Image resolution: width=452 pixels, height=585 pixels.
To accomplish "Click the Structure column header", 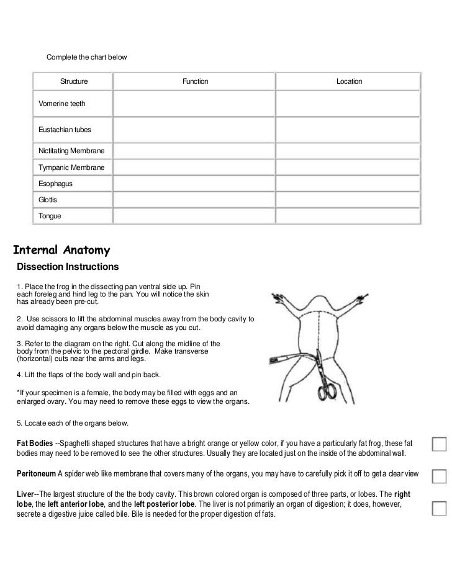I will point(73,81).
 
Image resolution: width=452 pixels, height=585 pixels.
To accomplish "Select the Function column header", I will point(195,81).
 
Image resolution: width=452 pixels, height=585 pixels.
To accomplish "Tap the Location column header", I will point(349,81).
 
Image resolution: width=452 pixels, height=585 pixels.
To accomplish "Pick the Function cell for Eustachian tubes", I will point(195,129).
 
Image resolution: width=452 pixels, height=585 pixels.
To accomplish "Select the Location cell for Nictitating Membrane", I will point(349,151).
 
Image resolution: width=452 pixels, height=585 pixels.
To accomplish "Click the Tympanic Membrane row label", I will point(71,167).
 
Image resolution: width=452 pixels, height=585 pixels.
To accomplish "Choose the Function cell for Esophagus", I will point(195,184).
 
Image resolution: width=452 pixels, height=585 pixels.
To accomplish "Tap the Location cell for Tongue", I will point(349,217).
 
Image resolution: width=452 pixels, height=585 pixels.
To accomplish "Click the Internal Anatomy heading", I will point(61,251).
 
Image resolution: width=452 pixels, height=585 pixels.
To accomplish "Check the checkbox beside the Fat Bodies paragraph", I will point(440,444).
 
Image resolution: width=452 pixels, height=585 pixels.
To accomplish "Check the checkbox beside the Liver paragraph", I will point(440,507).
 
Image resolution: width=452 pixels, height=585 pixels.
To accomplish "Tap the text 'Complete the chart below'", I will point(86,57).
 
